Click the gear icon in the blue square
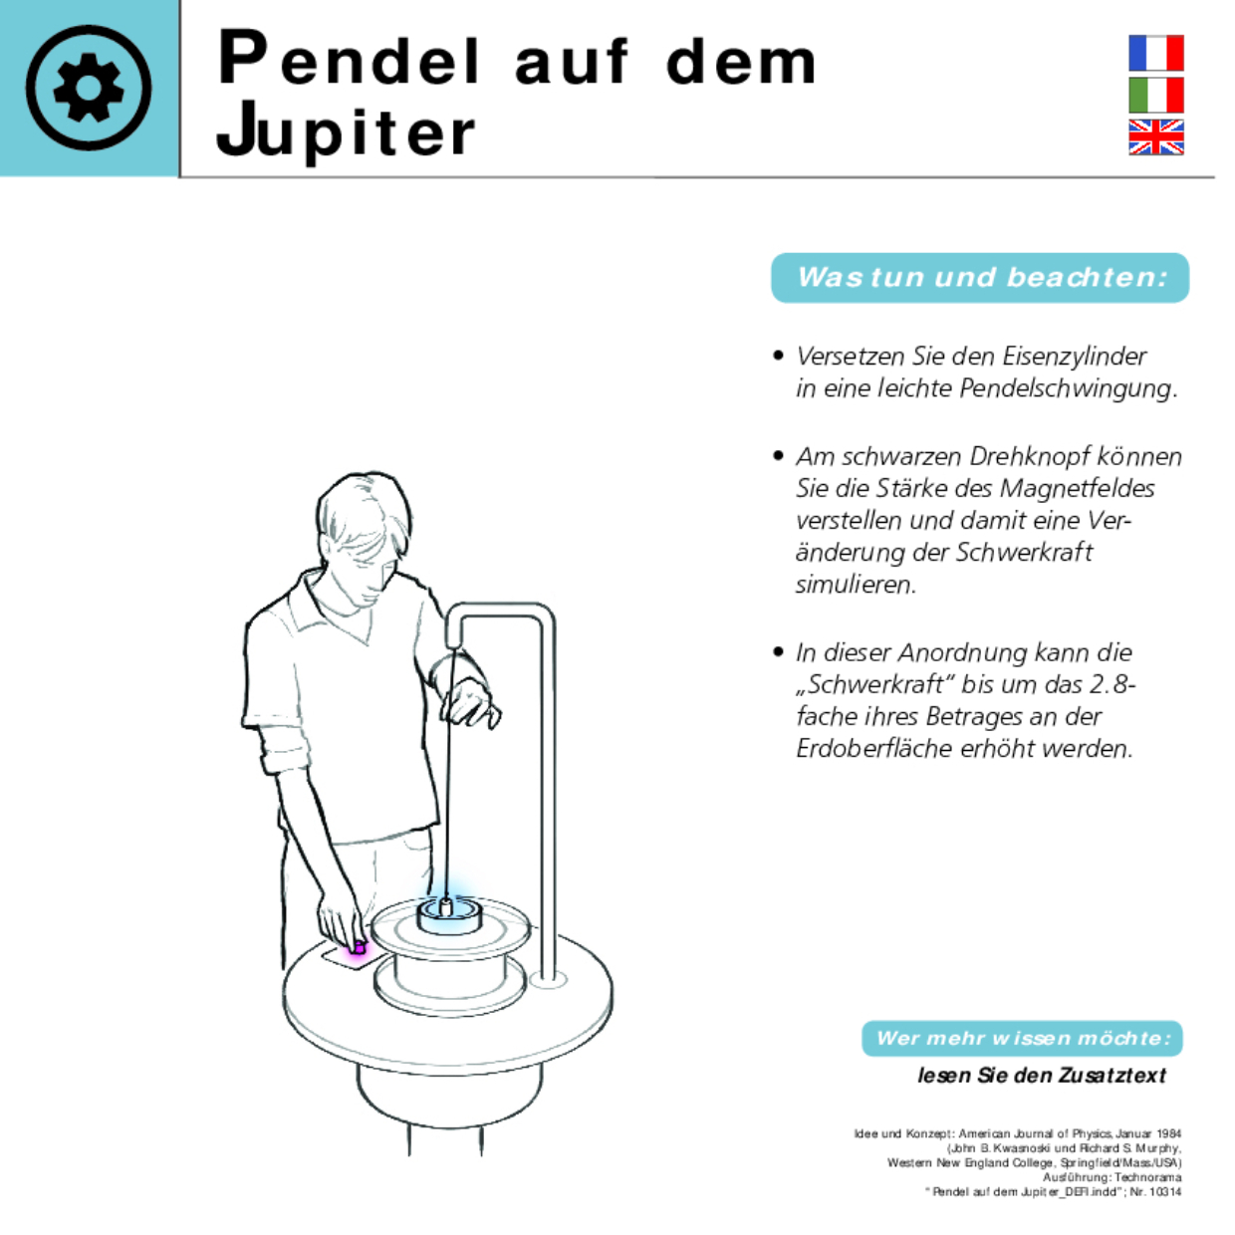(x=89, y=89)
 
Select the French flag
(x=1156, y=53)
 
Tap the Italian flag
(x=1156, y=95)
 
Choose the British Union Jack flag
(x=1156, y=137)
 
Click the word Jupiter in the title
(x=346, y=131)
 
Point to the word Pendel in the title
(x=350, y=59)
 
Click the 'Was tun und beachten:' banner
(x=980, y=278)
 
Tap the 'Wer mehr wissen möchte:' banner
(x=1022, y=1038)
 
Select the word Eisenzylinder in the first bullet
(x=1074, y=357)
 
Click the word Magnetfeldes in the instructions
(x=1078, y=488)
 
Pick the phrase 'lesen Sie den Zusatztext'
(x=1042, y=1076)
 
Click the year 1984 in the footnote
(x=1168, y=1133)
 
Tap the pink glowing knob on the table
(x=358, y=947)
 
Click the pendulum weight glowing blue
(x=447, y=907)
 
